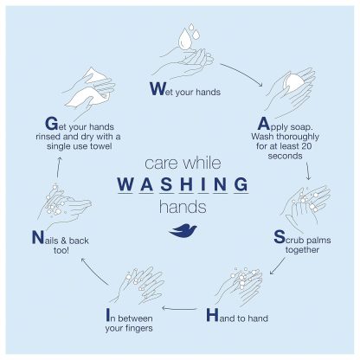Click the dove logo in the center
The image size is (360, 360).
point(183,231)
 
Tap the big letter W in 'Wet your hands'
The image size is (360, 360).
point(157,89)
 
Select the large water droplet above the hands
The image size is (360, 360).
point(184,40)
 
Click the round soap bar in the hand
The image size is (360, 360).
point(293,83)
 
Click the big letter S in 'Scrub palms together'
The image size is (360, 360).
point(280,237)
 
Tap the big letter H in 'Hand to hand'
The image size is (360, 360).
point(212,315)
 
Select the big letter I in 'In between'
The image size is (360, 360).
point(108,315)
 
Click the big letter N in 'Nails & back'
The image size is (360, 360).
point(37,237)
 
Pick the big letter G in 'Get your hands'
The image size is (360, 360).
point(52,124)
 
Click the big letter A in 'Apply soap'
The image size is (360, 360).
point(263,124)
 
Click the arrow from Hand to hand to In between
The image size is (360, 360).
point(179,309)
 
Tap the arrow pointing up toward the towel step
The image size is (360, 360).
point(59,167)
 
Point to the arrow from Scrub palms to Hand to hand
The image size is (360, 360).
point(277,267)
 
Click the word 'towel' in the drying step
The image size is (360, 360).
point(100,146)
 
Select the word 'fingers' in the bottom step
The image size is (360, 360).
point(139,328)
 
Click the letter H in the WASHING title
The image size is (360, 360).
point(186,183)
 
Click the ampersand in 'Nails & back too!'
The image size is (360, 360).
point(64,241)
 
